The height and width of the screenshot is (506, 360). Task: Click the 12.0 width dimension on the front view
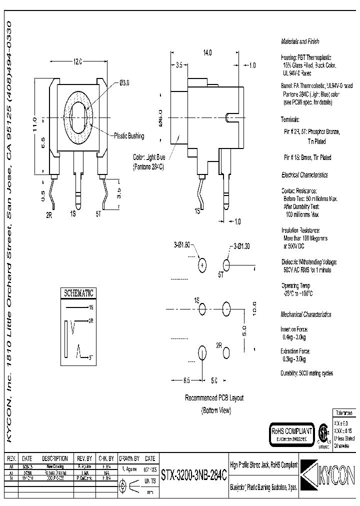click(77, 61)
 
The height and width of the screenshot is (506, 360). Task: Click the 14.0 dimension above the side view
click(207, 52)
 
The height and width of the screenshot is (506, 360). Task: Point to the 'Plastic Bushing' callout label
click(129, 136)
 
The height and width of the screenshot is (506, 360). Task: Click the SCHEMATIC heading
click(77, 293)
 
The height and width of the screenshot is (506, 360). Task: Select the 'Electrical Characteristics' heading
click(304, 175)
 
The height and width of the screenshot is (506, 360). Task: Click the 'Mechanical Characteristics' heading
click(305, 314)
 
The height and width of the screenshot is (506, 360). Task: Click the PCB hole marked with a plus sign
click(202, 265)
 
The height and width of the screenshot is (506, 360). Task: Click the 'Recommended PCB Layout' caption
click(214, 398)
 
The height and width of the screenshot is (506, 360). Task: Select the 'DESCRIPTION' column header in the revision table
click(55, 458)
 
